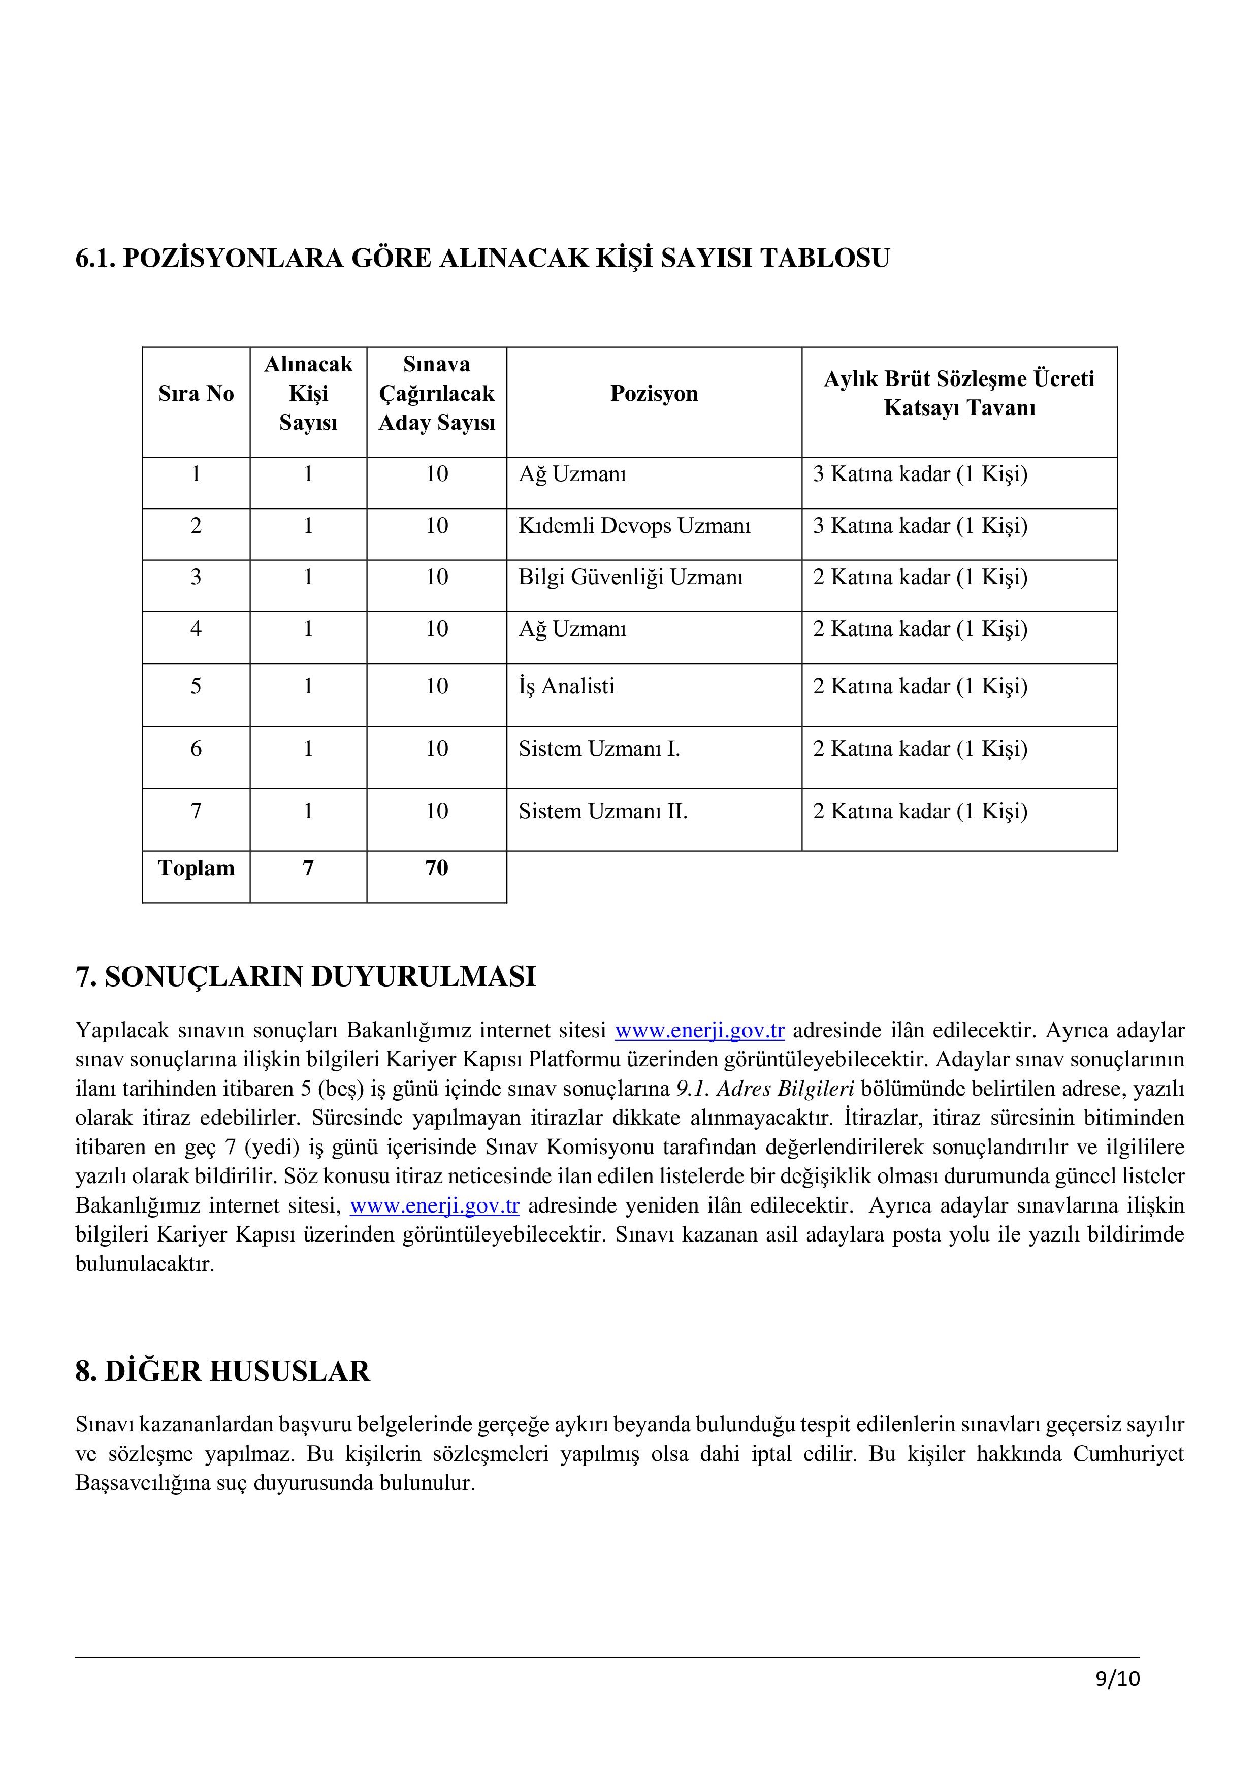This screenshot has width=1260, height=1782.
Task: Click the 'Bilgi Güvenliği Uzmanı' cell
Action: pos(630,578)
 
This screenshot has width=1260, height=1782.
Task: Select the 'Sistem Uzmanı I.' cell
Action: pos(599,749)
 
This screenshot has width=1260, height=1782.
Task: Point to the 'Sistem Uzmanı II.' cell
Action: pos(603,811)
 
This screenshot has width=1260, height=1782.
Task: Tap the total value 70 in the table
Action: pos(436,868)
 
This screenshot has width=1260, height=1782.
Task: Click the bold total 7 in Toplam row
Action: pos(308,868)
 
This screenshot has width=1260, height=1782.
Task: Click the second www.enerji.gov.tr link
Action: pos(435,1206)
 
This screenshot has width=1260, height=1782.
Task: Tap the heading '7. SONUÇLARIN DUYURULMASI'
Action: pos(306,976)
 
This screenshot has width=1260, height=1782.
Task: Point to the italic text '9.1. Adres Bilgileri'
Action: pos(760,1089)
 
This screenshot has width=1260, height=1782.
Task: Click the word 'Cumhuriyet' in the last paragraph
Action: pos(1128,1454)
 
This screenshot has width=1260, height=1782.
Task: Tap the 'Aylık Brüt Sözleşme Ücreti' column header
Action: pos(959,379)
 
